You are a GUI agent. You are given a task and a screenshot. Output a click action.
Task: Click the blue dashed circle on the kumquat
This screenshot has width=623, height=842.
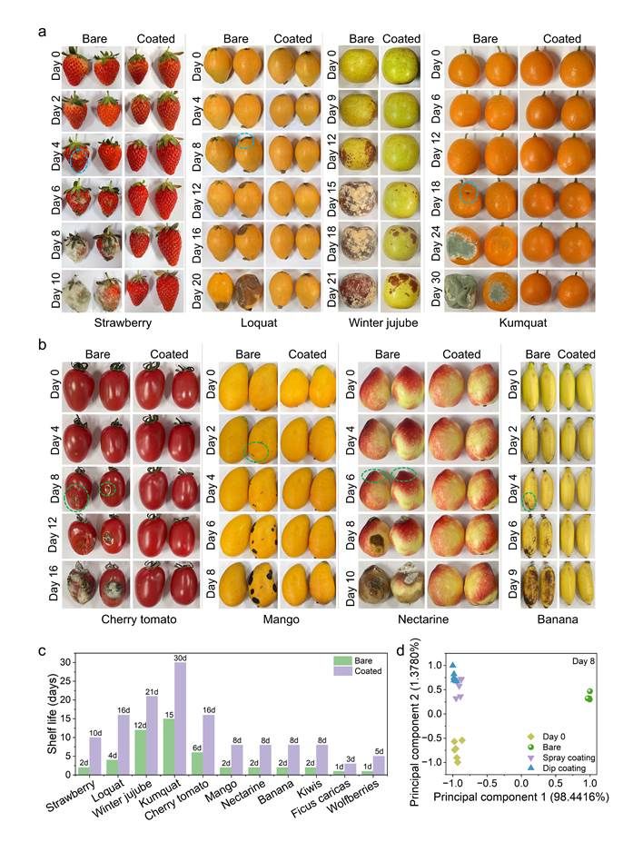pyautogui.click(x=468, y=192)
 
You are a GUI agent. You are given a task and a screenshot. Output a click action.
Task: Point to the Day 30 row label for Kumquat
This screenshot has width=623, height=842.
pyautogui.click(x=438, y=285)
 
